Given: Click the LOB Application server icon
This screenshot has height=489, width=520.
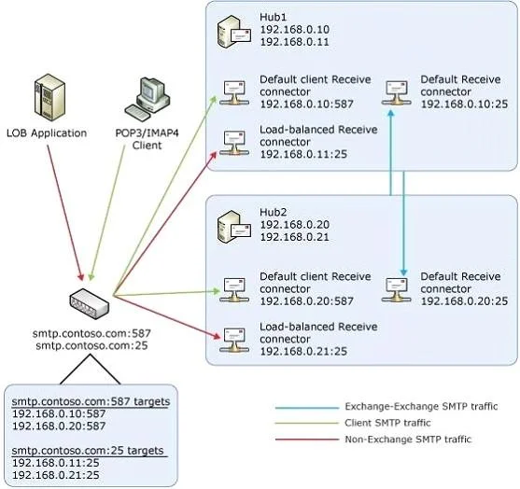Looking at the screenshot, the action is (49, 97).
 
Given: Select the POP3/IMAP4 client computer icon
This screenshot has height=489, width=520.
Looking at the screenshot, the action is (148, 100).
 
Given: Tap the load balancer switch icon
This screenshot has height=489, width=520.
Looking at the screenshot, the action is (90, 303).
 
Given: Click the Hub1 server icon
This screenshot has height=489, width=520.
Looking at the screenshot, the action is (234, 32).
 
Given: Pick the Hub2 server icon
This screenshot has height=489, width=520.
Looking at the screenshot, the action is (234, 228).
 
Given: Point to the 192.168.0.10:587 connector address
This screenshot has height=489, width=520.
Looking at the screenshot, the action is (306, 105).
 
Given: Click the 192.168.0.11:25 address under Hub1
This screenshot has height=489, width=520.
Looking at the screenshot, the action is (303, 154).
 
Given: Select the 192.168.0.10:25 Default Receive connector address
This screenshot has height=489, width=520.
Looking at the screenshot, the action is (464, 105).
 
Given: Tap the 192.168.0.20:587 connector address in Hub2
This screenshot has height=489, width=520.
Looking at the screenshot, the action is (306, 301).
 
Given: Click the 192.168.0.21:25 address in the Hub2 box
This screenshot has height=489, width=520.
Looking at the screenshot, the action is (303, 351).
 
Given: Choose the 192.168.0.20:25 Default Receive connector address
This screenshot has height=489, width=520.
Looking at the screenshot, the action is (464, 301).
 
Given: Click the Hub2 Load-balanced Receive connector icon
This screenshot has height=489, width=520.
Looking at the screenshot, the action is (234, 340).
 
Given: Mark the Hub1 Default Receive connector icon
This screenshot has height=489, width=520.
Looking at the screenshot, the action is (396, 93).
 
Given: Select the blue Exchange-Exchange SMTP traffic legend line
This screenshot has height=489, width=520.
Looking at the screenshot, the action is (307, 408).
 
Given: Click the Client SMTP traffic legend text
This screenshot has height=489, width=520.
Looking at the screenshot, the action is (387, 423).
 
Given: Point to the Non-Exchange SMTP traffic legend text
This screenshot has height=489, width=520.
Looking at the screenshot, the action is (408, 440).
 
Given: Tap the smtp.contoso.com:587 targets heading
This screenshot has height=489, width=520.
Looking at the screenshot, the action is (91, 401).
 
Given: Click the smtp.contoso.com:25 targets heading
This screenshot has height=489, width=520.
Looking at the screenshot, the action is (88, 451).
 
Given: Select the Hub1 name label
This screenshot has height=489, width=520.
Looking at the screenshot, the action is (273, 17).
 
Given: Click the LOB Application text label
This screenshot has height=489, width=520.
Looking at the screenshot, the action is (47, 133).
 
